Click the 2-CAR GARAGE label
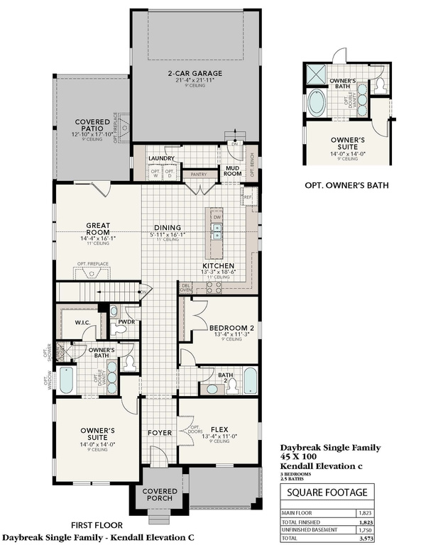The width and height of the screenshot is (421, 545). [x=195, y=73]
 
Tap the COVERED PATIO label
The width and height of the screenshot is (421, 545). [x=92, y=125]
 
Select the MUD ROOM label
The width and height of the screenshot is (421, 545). [x=233, y=170]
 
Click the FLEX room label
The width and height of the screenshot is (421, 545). [x=218, y=427]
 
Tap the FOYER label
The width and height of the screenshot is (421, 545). [x=159, y=432]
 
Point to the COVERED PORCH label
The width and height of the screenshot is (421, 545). [x=160, y=494]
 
